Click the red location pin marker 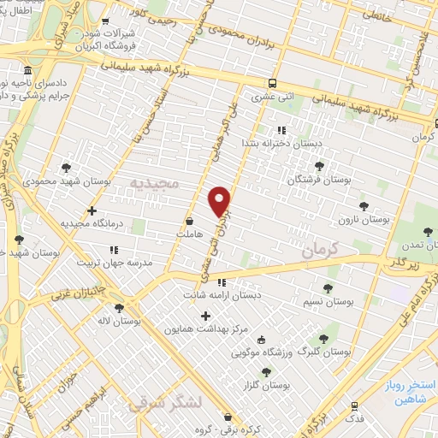(220, 201)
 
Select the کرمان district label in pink (320, 250)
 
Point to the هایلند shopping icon (189, 221)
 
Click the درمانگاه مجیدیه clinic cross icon (92, 210)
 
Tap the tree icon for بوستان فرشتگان (319, 166)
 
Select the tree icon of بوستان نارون (364, 206)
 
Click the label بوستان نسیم (328, 302)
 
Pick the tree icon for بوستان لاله (118, 307)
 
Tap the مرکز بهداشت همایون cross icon (204, 316)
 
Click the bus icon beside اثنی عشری (272, 83)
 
